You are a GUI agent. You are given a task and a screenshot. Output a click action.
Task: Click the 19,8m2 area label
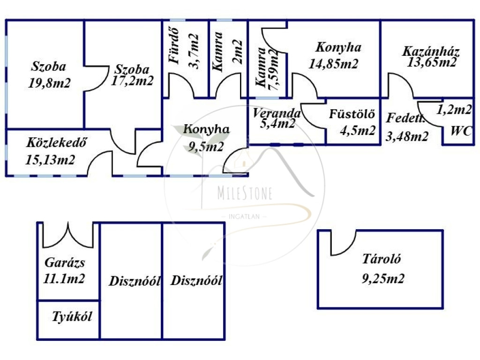point(49,83)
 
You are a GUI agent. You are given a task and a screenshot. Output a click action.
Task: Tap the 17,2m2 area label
point(133,81)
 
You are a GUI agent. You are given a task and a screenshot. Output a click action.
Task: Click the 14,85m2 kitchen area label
point(333,64)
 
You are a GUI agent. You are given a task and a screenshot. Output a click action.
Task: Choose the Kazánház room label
point(430,52)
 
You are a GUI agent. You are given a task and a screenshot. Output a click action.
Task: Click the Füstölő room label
point(352,114)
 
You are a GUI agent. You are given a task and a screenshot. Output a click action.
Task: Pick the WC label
point(461,131)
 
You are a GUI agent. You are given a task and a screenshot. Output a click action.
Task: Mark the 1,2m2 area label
point(454,110)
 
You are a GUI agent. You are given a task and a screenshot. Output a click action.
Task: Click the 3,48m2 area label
point(407,136)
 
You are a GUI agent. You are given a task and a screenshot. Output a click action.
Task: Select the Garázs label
point(65,262)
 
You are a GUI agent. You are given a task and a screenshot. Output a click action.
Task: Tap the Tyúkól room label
point(72,316)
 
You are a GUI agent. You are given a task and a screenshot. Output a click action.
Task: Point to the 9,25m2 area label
point(383,279)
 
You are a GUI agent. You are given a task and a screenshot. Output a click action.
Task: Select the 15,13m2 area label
point(50,160)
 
